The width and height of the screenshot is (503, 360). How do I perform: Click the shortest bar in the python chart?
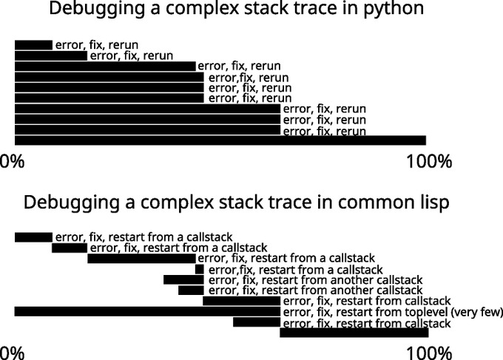tap(33, 45)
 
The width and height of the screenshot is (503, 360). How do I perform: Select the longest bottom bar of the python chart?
tap(220, 140)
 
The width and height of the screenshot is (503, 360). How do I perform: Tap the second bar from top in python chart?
tap(50, 55)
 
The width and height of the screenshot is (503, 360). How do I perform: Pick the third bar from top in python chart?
tap(105, 66)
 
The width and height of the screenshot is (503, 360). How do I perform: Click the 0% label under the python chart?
tap(13, 162)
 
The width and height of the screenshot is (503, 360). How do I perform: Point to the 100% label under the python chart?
tap(429, 162)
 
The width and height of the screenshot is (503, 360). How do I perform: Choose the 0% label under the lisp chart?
tap(13, 351)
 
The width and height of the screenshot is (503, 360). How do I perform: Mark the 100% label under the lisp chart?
tap(429, 351)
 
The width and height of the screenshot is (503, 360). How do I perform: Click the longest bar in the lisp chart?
tap(147, 312)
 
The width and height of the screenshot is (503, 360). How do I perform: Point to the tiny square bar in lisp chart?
tap(199, 270)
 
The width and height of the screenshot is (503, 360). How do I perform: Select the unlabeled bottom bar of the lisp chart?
tap(354, 333)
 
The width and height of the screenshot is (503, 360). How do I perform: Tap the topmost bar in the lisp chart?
tap(33, 237)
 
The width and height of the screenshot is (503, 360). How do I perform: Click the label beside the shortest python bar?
tap(96, 45)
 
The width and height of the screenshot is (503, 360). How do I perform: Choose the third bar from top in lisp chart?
tap(141, 259)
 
